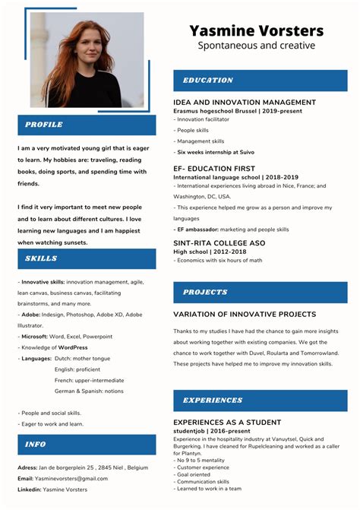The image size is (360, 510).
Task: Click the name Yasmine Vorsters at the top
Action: click(x=256, y=31)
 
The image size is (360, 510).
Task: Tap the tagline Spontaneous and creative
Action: click(x=256, y=46)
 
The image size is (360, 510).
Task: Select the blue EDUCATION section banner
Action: click(x=260, y=81)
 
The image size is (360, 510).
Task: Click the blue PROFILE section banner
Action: click(x=87, y=125)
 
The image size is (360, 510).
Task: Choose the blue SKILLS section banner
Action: click(x=87, y=258)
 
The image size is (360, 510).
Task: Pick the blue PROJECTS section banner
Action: click(x=260, y=292)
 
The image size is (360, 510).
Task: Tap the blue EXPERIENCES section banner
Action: click(x=260, y=400)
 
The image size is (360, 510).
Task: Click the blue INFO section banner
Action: click(x=87, y=444)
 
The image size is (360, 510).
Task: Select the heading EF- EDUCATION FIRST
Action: click(x=213, y=168)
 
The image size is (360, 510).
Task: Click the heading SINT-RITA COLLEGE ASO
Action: click(x=219, y=242)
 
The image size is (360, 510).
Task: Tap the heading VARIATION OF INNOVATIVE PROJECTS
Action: click(x=245, y=314)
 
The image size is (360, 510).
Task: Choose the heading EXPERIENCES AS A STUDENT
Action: click(x=227, y=422)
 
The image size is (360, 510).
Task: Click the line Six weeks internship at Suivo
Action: click(x=216, y=152)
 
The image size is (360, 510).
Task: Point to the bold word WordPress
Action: click(x=73, y=347)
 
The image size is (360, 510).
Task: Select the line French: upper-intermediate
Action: click(x=89, y=380)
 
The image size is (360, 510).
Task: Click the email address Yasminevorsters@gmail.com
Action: click(x=66, y=479)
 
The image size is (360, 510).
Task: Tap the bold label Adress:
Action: click(x=27, y=467)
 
